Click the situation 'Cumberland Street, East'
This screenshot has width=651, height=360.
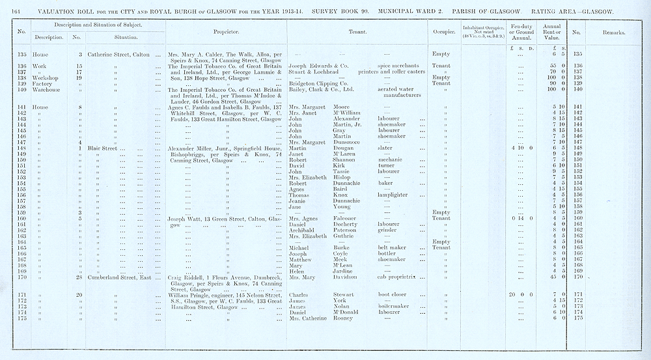pyautogui.click(x=119, y=277)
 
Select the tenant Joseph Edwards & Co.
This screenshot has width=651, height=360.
pyautogui.click(x=320, y=66)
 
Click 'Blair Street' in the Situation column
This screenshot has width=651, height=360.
pyautogui.click(x=106, y=148)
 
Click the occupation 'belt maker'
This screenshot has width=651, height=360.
pyautogui.click(x=392, y=248)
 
